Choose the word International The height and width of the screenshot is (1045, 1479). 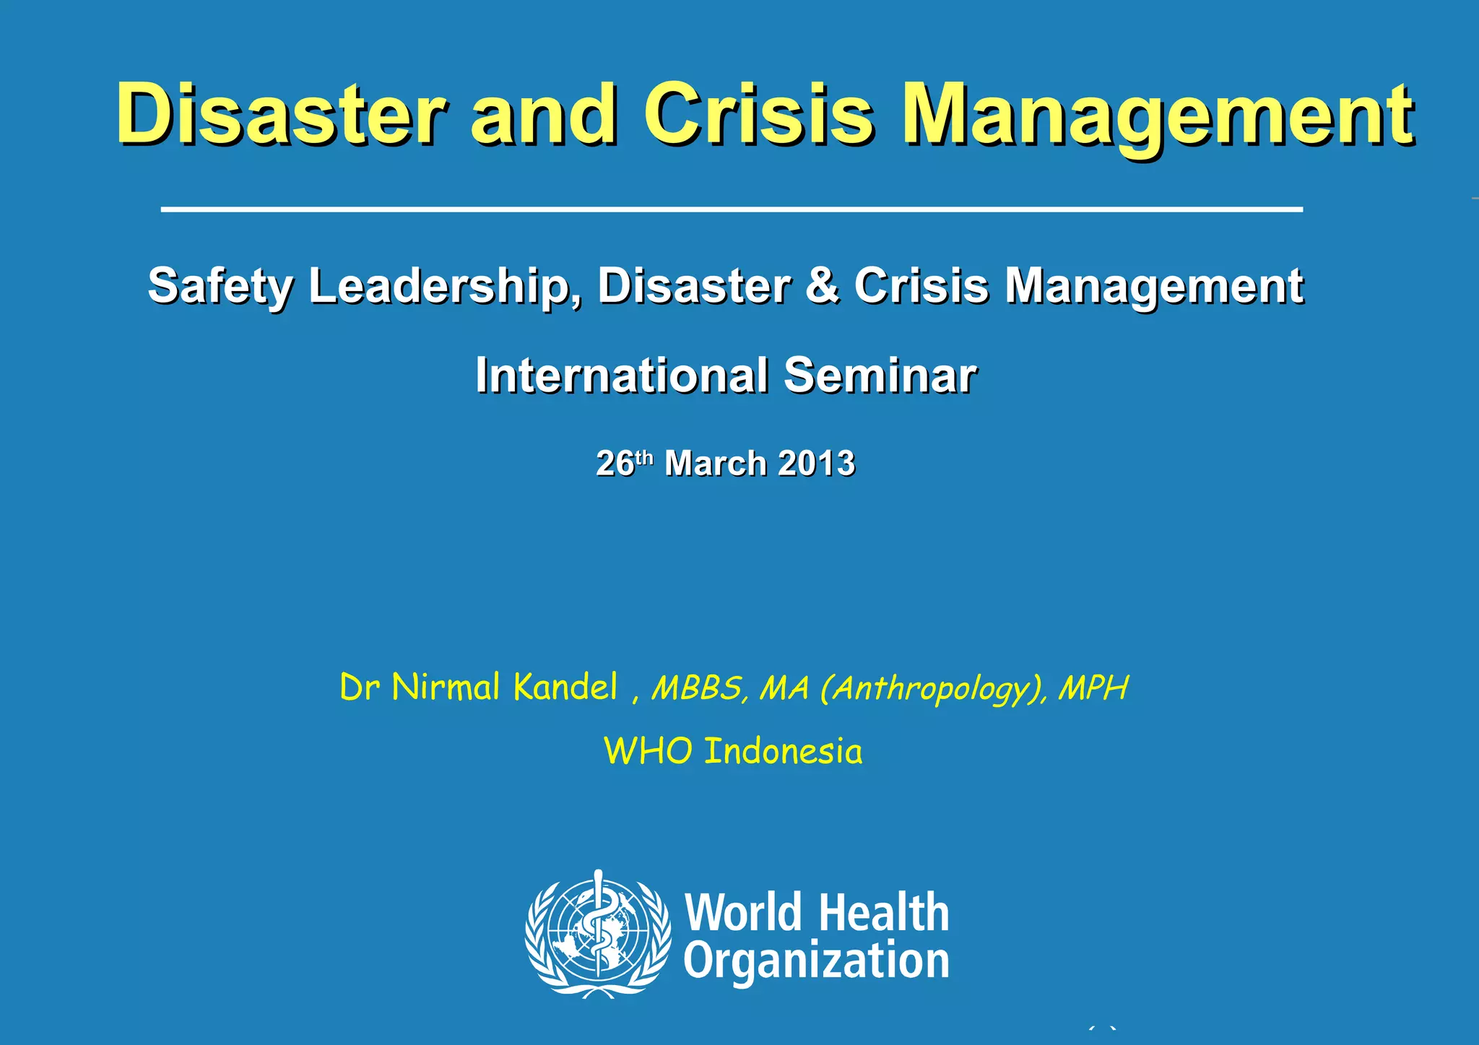[x=621, y=376]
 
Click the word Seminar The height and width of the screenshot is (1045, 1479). [x=880, y=376]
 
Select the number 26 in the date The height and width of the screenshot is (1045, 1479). [x=615, y=464]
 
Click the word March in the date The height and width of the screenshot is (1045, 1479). [x=715, y=464]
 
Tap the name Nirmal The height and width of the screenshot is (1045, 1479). [x=446, y=687]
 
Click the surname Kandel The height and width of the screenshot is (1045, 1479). [x=565, y=687]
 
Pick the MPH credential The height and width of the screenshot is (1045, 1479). [x=1093, y=688]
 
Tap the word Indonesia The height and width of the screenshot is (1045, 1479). [x=783, y=751]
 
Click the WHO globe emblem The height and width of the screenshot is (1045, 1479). [x=597, y=934]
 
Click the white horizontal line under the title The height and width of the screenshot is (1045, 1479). [x=732, y=209]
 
